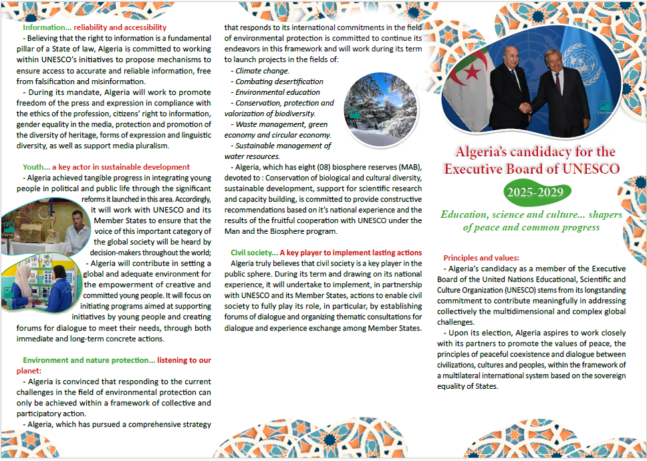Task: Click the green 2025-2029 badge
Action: [537, 193]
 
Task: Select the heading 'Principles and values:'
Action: [481, 257]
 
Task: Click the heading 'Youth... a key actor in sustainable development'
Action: [106, 167]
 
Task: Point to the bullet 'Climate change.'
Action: [262, 71]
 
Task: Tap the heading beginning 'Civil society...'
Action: [326, 253]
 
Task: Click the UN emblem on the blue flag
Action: [576, 56]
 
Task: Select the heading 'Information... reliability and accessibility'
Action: [94, 27]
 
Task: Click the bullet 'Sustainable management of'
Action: [283, 146]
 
